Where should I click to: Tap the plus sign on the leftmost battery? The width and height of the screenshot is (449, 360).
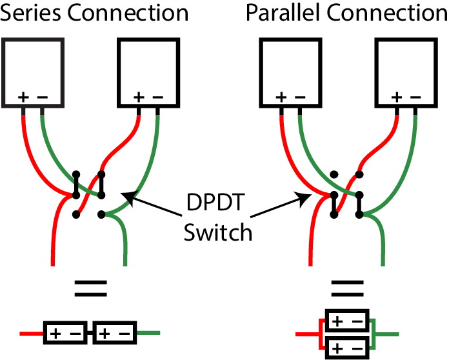pyautogui.click(x=23, y=97)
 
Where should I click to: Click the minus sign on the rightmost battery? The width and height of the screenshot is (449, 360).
pyautogui.click(x=415, y=97)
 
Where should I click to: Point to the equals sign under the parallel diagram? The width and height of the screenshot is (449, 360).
pyautogui.click(x=347, y=288)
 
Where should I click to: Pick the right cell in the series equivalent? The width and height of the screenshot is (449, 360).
pyautogui.click(x=114, y=334)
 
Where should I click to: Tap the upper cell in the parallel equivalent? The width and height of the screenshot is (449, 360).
pyautogui.click(x=348, y=321)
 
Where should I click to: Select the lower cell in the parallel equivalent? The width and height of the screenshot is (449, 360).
pyautogui.click(x=348, y=348)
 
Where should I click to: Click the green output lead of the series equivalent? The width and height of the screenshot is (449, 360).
pyautogui.click(x=148, y=334)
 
